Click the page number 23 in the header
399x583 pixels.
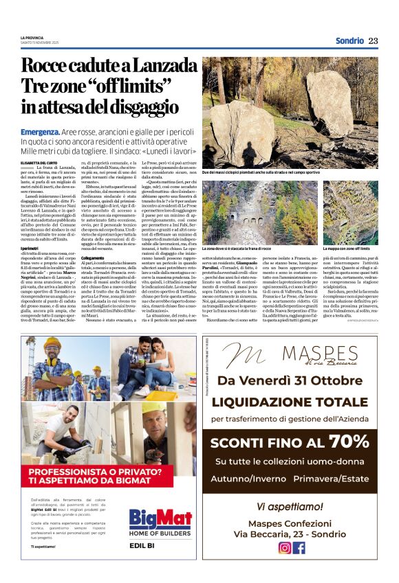click(373, 41)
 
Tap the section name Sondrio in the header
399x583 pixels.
click(349, 41)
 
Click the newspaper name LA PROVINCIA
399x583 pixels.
click(32, 37)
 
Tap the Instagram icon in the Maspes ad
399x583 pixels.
click(284, 547)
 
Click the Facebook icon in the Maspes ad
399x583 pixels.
click(299, 547)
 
